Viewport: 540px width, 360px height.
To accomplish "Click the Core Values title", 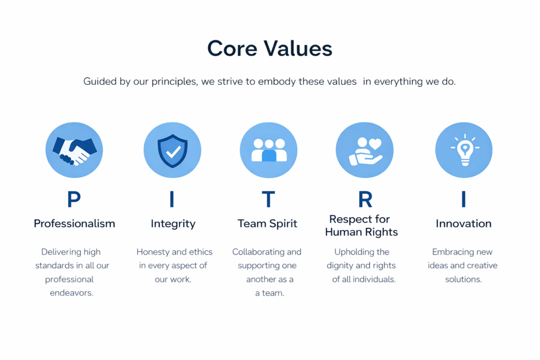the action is click(x=269, y=48).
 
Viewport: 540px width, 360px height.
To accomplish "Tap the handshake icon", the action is click(x=74, y=150).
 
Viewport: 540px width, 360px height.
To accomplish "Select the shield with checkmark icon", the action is click(x=172, y=151).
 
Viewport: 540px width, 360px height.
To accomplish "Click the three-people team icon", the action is click(x=269, y=150).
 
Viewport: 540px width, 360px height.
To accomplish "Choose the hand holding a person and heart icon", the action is click(x=365, y=151).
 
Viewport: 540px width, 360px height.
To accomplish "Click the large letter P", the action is click(x=74, y=199).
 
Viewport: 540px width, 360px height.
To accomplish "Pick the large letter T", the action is click(x=268, y=199).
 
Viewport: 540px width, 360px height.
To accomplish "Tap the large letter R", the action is click(x=365, y=199).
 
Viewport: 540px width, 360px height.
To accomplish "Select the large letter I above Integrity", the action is click(x=172, y=199).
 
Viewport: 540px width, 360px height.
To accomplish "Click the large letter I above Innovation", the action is click(x=464, y=199).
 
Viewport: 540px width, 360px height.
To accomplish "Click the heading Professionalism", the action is click(x=74, y=223).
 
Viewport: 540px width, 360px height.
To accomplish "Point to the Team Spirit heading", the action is click(x=267, y=223).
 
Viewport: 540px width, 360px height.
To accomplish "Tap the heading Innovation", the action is click(x=464, y=223).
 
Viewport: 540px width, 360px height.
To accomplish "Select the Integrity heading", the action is click(x=173, y=224).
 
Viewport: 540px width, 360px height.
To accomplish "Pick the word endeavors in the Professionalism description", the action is click(x=72, y=293).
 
